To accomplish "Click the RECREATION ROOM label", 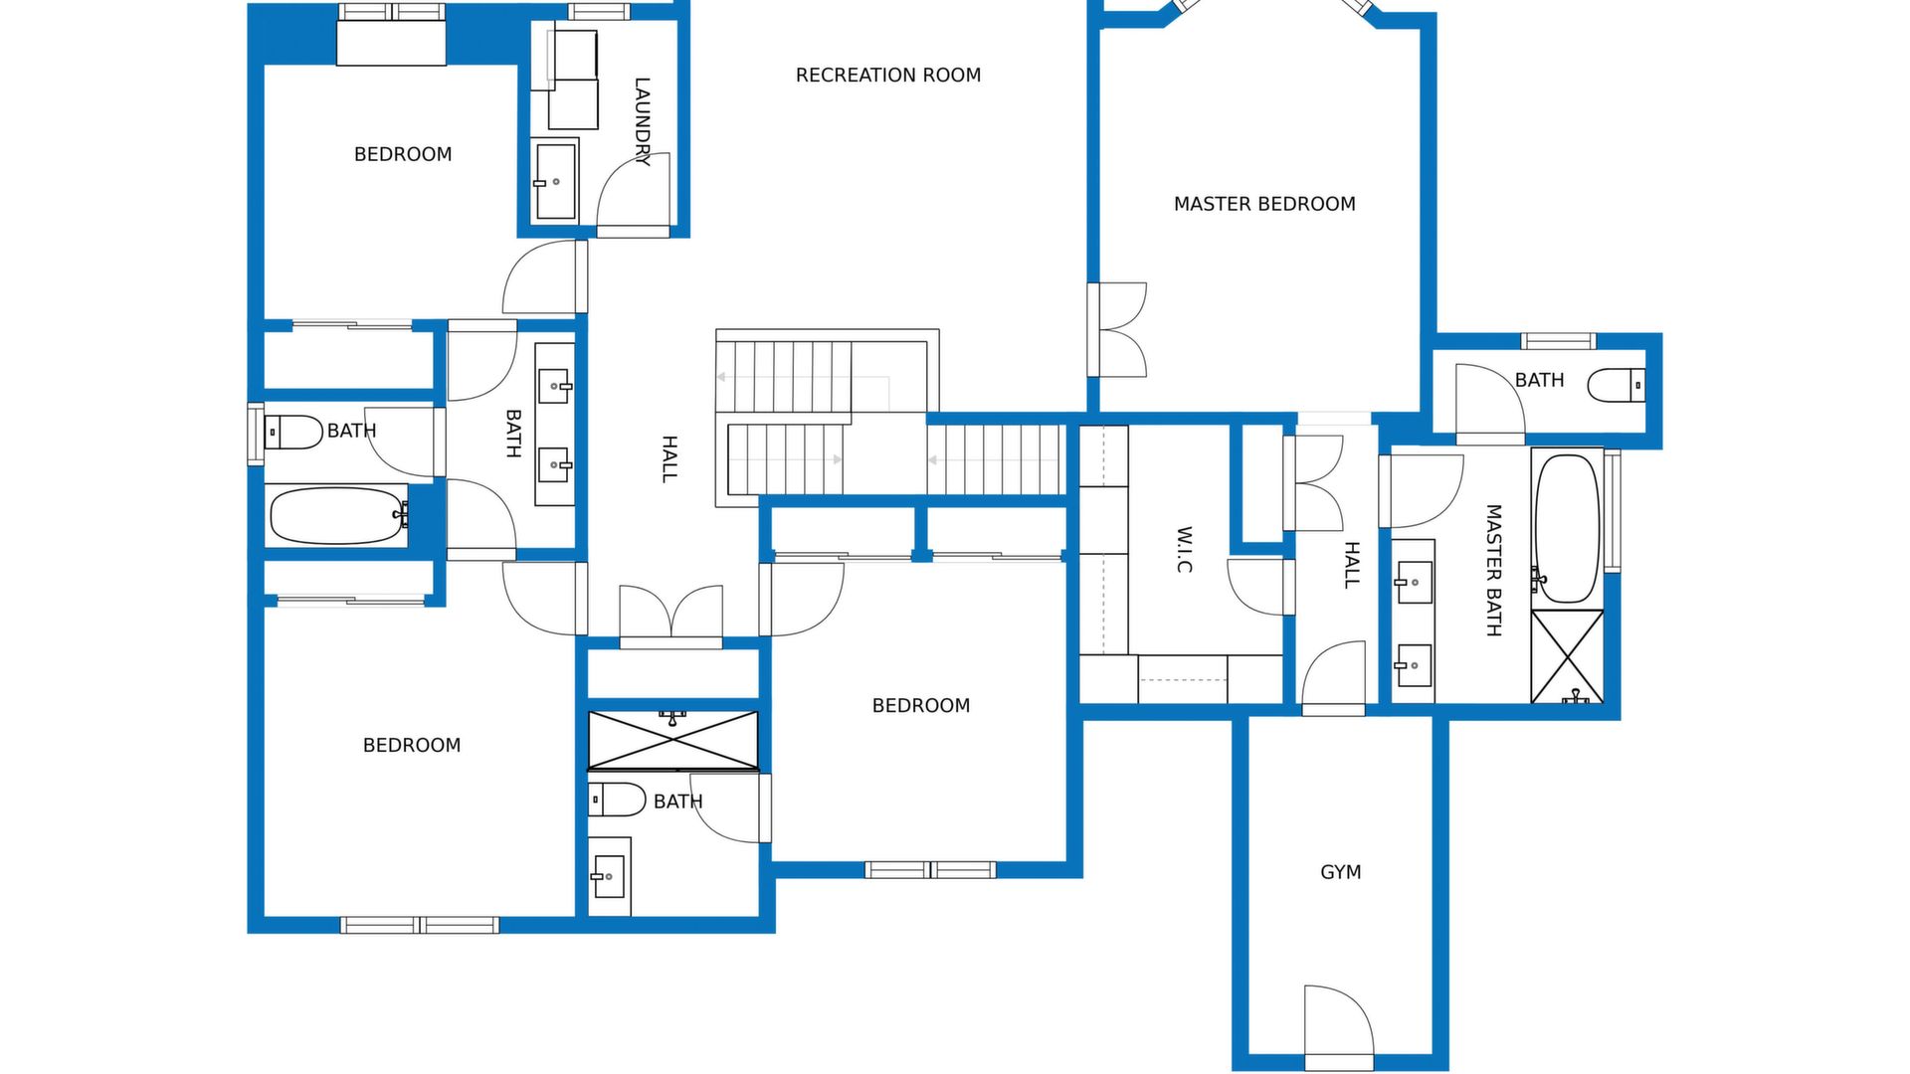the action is [888, 75].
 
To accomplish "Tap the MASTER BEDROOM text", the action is [1264, 204].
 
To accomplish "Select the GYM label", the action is [1340, 872].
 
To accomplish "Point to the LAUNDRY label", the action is [643, 121].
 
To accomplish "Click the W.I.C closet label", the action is [1184, 550].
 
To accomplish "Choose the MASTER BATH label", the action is [1493, 570].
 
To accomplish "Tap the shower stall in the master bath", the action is [1567, 656].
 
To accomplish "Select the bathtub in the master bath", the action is [1567, 529].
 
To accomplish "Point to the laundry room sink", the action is [555, 181].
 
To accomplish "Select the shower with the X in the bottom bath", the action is [672, 740].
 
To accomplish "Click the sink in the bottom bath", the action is [609, 876].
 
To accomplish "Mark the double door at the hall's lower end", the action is [671, 617].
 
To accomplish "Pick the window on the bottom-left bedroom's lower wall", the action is [419, 925].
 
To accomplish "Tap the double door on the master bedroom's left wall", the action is [1117, 330].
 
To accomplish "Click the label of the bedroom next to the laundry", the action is [403, 154].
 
